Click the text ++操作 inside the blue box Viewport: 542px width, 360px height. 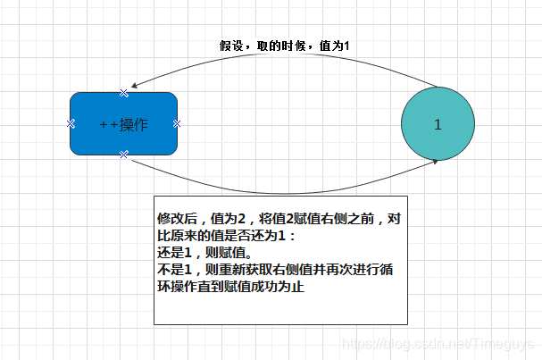124,124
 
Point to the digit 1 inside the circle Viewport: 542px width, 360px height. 438,125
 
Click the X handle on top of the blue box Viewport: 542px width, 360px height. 123,93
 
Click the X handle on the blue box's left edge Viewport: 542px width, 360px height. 71,123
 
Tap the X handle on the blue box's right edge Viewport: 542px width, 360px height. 177,123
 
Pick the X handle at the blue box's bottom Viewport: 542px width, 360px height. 123,155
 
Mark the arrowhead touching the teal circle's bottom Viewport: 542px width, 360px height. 434,161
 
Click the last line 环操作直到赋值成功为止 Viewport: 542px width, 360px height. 230,287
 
